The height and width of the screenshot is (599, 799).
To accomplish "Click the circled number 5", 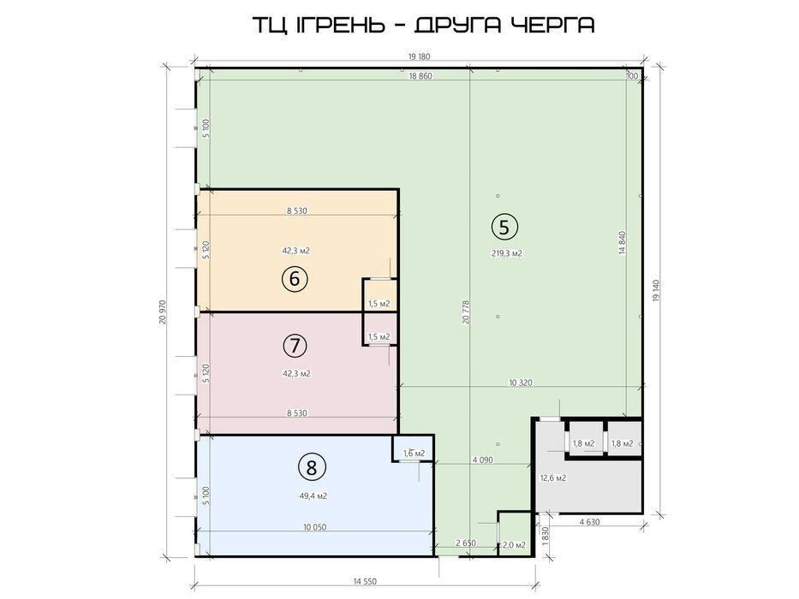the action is pyautogui.click(x=504, y=227).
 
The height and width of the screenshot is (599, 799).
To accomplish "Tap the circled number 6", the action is pyautogui.click(x=295, y=279).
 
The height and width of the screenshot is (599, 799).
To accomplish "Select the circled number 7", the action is pyautogui.click(x=295, y=346).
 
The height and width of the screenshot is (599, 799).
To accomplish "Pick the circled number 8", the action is pyautogui.click(x=312, y=467).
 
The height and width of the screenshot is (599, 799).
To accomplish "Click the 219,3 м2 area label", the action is pyautogui.click(x=506, y=253).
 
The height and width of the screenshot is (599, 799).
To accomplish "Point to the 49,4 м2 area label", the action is pyautogui.click(x=313, y=495).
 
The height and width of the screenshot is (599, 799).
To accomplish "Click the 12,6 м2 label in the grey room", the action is pyautogui.click(x=553, y=477).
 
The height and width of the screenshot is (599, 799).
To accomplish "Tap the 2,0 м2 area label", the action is pyautogui.click(x=514, y=545).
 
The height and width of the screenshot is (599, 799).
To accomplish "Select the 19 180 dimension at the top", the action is pyautogui.click(x=419, y=56).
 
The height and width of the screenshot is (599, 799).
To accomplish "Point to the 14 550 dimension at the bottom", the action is pyautogui.click(x=365, y=581).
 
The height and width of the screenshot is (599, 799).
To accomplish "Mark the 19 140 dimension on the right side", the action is pyautogui.click(x=656, y=292).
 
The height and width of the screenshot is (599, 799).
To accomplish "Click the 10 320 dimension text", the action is pyautogui.click(x=521, y=382).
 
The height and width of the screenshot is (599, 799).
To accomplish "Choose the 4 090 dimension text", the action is pyautogui.click(x=482, y=460).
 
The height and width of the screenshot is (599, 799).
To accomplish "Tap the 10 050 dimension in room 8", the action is pyautogui.click(x=314, y=527).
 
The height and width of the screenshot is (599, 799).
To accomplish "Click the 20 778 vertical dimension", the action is pyautogui.click(x=465, y=312).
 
